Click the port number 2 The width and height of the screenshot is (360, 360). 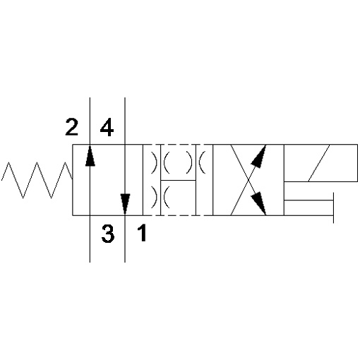tap(71, 127)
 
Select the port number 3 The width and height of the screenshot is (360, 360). tap(108, 234)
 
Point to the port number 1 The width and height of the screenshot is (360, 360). tap(143, 233)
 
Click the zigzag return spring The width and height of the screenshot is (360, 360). tap(37, 180)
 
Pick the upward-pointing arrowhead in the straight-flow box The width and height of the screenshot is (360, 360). tap(90, 155)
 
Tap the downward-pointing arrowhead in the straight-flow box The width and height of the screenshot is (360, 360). tap(125, 204)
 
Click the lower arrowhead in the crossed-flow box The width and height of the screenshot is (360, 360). tap(258, 203)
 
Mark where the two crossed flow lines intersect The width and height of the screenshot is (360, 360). tap(248, 180)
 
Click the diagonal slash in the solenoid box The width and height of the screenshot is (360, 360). tap(319, 163)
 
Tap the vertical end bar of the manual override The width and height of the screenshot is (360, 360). tap(333, 208)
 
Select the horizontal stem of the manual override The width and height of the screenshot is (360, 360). tap(308, 200)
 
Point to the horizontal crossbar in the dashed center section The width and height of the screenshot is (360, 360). tap(178, 181)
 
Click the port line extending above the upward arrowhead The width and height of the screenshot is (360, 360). tap(90, 121)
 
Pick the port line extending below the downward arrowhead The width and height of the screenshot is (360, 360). tap(125, 238)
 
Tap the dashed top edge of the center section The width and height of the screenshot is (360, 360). tap(178, 145)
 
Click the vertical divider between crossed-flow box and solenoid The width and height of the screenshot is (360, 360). tap(284, 180)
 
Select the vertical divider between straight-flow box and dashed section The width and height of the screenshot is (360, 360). tap(143, 180)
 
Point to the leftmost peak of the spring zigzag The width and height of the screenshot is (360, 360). tap(8, 162)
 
